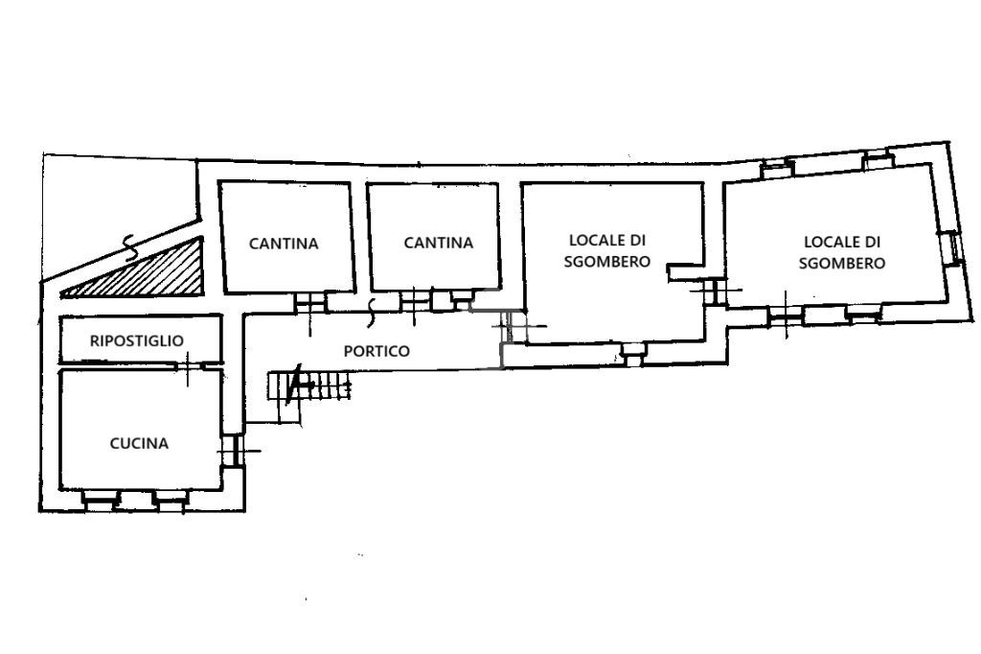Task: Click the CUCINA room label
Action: [x=139, y=444]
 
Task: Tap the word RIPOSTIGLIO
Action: [x=137, y=340]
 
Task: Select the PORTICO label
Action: [x=376, y=351]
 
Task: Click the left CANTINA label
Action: [x=284, y=243]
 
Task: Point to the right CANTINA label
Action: [x=438, y=243]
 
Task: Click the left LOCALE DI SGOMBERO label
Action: [x=606, y=250]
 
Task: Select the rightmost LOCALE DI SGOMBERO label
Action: [x=842, y=252]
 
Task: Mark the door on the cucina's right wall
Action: [x=232, y=450]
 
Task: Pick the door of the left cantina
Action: [x=311, y=303]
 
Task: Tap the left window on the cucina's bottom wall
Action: [x=100, y=499]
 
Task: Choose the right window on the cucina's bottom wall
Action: [x=171, y=499]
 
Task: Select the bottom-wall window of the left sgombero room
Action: [x=632, y=355]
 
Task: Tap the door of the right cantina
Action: [x=416, y=302]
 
